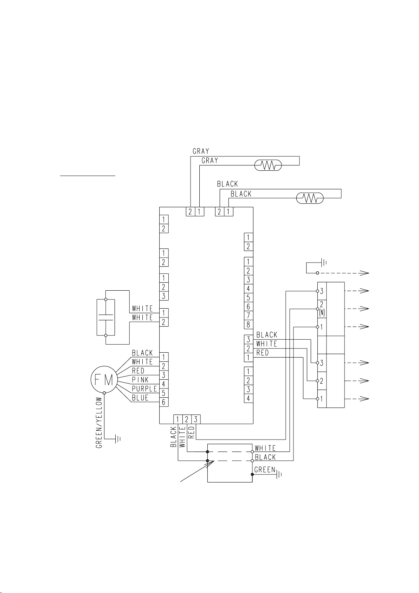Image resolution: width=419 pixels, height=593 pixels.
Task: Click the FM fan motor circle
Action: tap(104, 379)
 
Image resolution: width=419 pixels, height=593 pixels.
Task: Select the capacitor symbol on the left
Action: tap(106, 317)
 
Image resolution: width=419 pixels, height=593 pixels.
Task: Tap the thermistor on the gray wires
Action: tap(268, 165)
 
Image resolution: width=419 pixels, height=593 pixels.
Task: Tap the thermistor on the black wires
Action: tap(310, 198)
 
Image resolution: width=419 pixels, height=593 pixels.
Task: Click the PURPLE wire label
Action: tap(144, 389)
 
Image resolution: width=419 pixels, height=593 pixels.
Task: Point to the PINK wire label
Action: tap(140, 380)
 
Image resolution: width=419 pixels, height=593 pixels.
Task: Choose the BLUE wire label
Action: tap(140, 398)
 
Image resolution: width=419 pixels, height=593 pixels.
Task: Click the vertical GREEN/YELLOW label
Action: tap(99, 423)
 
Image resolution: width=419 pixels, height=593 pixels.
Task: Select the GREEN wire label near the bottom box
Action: tap(265, 469)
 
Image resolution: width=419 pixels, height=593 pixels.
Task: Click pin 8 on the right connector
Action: tap(248, 324)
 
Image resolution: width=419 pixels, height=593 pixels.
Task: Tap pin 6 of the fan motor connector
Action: tap(164, 402)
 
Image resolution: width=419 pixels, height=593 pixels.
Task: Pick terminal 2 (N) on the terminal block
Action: tap(322, 309)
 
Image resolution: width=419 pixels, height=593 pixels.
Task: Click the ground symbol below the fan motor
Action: tap(117, 439)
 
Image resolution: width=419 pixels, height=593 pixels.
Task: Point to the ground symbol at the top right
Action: tap(324, 263)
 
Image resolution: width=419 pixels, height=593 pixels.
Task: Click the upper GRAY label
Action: tap(201, 151)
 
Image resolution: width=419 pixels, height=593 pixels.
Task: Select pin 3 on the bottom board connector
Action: tap(196, 419)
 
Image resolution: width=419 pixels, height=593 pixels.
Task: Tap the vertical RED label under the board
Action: tap(191, 432)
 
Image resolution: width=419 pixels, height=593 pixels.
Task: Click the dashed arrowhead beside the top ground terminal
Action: tap(365, 273)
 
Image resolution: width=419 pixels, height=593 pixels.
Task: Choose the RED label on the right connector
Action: tap(263, 353)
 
